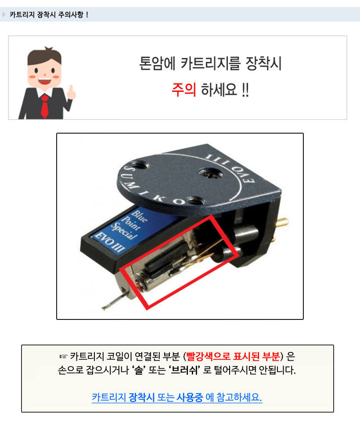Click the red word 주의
click(x=184, y=90)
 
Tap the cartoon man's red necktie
click(x=45, y=106)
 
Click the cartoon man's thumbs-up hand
click(x=71, y=92)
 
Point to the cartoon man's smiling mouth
click(x=44, y=81)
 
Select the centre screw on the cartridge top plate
click(x=210, y=174)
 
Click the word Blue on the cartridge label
click(x=140, y=216)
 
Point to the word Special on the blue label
click(x=124, y=231)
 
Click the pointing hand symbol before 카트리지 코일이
click(x=63, y=356)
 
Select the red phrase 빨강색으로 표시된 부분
click(x=233, y=356)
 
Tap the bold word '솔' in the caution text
click(x=139, y=370)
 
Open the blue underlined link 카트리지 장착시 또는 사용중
click(x=147, y=397)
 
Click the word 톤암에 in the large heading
click(x=157, y=64)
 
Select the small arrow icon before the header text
click(x=4, y=15)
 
